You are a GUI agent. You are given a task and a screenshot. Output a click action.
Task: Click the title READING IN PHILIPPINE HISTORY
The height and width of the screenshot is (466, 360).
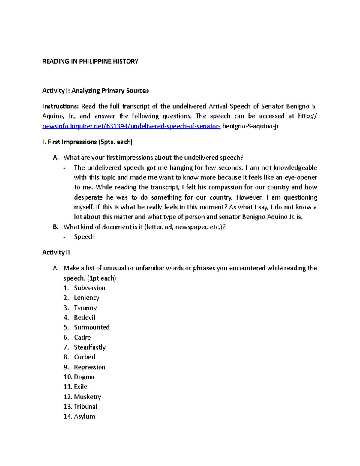pos(90,62)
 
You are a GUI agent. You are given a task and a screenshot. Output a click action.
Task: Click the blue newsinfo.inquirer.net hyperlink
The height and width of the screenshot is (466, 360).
pos(131,126)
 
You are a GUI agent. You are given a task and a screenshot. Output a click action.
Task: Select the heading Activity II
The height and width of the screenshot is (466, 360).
pos(56,253)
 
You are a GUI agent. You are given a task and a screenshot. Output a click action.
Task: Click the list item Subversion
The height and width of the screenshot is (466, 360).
pos(90,288)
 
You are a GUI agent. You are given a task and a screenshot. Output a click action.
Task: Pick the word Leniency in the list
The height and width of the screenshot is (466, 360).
pos(86,298)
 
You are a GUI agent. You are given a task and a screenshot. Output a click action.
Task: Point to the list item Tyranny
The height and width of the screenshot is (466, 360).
pos(85,308)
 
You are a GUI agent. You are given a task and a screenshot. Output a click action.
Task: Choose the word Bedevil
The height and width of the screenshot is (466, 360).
pos(85,318)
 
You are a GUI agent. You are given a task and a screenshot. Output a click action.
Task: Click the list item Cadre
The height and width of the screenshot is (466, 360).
pos(82,338)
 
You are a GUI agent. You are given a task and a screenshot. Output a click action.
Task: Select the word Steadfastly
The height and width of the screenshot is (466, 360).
pos(90,347)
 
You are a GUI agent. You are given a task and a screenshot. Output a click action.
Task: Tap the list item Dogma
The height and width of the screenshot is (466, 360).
pos(84,377)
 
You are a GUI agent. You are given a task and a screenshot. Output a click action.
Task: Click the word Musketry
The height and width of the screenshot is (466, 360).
pos(87,397)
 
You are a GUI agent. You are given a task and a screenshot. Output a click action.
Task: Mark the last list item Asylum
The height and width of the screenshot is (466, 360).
pos(84,416)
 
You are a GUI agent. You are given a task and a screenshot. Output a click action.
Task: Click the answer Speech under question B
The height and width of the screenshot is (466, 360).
pos(84,237)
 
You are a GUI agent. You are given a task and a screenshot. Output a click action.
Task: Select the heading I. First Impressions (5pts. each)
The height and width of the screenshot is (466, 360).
pos(87,142)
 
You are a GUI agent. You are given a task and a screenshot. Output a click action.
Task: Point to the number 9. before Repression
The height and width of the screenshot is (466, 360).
pos(66,367)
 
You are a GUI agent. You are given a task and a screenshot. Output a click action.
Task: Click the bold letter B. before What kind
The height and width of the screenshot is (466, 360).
pos(55,227)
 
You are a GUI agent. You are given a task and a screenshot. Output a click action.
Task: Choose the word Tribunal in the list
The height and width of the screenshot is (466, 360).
pos(85,407)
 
